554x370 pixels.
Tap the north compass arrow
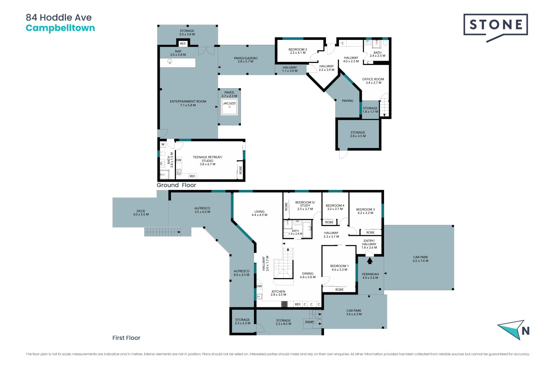(511, 330)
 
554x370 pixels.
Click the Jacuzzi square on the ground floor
(229, 107)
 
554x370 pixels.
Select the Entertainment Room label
(188, 103)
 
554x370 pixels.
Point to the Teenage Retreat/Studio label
(207, 161)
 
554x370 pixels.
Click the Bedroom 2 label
(298, 51)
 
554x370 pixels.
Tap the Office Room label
(373, 81)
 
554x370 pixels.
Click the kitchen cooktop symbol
(284, 304)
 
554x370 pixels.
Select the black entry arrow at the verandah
(370, 260)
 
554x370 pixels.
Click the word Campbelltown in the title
(60, 28)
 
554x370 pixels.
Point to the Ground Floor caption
(176, 185)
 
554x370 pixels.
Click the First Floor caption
(126, 338)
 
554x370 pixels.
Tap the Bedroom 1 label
(339, 268)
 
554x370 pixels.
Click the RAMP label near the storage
(310, 322)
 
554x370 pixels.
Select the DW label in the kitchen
(259, 286)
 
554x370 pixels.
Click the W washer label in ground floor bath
(163, 144)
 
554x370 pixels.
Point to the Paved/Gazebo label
(246, 60)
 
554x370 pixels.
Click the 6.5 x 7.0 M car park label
(420, 261)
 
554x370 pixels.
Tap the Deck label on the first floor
(141, 213)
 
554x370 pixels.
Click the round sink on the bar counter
(170, 62)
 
